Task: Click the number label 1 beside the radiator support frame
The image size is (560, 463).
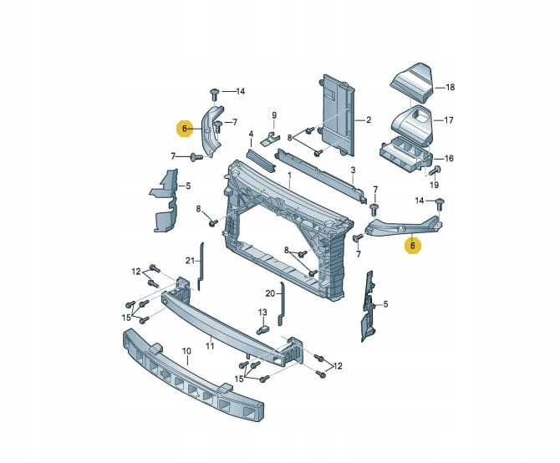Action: click(x=289, y=176)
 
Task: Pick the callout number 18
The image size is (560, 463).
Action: click(x=450, y=87)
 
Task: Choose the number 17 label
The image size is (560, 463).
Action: click(x=449, y=120)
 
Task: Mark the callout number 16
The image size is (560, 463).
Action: click(x=449, y=158)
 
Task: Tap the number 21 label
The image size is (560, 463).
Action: click(x=190, y=260)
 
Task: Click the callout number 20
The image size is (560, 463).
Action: click(x=270, y=293)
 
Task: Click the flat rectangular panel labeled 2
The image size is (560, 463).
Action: click(x=340, y=117)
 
